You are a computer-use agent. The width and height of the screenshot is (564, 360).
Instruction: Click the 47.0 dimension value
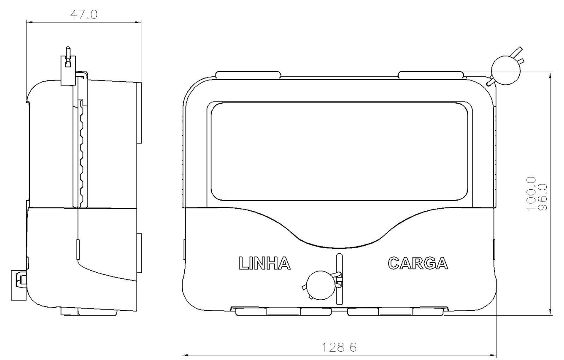click(84, 15)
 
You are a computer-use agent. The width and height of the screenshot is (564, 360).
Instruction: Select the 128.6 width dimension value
click(340, 348)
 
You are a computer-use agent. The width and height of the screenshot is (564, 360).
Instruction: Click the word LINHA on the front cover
click(264, 263)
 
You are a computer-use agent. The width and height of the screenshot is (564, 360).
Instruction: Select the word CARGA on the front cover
click(418, 263)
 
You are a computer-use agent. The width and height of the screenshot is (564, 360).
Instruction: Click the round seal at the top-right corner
click(506, 70)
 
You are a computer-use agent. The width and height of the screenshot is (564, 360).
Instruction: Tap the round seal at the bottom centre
click(321, 285)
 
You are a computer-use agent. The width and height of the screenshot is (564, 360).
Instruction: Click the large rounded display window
click(340, 151)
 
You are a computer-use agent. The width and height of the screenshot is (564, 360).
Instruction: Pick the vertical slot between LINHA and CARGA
click(340, 279)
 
